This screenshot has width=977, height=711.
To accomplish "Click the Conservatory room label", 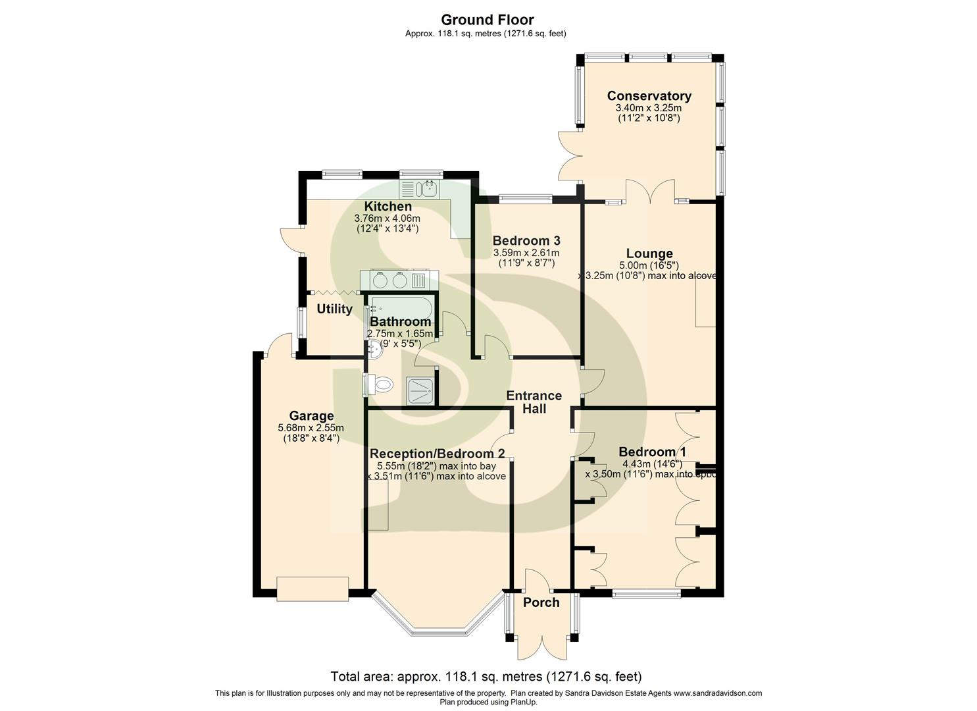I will point(649,96).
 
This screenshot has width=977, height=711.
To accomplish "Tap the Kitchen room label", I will point(388,207).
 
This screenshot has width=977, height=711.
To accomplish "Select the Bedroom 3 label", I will point(526,240).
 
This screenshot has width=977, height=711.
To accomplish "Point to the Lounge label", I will point(649,253).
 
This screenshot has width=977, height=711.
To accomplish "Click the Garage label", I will point(311,416).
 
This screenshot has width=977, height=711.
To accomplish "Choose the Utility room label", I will point(334,309).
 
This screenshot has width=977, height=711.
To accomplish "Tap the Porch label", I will point(541,602).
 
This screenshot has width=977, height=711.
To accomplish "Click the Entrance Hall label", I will point(534,402).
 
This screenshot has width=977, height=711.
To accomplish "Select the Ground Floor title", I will point(488,20).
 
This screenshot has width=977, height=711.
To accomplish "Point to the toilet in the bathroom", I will point(381,384).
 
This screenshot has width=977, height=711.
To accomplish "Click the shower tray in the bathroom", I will point(420,389).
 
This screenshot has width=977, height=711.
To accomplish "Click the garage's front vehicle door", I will point(312,589).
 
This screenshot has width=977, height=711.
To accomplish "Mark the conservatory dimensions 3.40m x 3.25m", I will point(648,108).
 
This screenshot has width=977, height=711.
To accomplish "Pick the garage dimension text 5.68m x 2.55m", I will point(311,428).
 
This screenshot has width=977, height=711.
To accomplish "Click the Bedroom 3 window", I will point(525,197).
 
